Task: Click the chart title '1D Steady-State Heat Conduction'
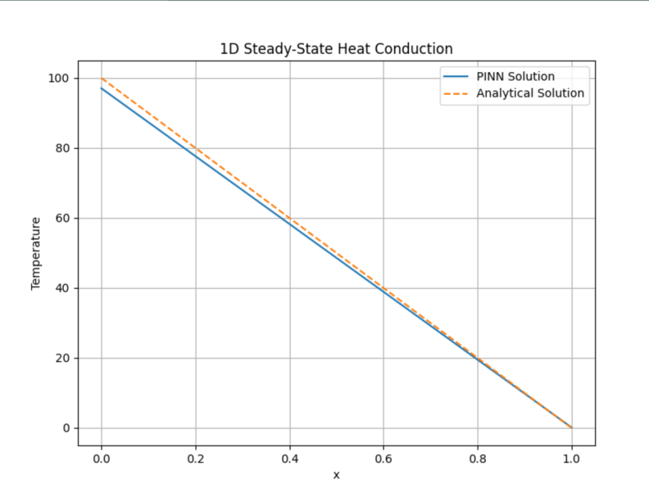tap(336, 49)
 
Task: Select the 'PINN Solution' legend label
tap(515, 77)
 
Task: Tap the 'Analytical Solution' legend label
tap(530, 93)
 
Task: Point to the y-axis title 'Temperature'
tap(36, 253)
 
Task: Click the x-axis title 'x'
tap(337, 475)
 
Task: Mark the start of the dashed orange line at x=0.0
tap(101, 79)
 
